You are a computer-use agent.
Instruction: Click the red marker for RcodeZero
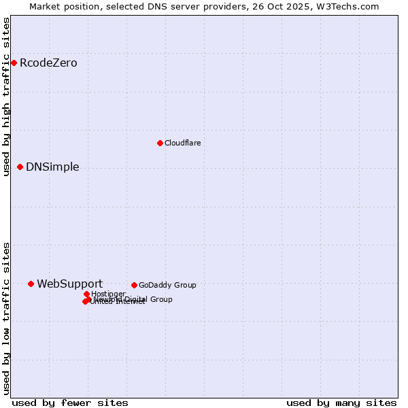[x=14, y=63]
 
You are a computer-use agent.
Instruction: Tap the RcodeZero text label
[x=48, y=63]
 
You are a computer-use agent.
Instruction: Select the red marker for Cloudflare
[x=160, y=143]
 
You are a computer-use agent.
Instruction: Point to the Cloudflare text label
[x=182, y=143]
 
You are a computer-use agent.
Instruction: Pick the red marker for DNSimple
[x=20, y=167]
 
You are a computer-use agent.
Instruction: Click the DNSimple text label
[x=52, y=167]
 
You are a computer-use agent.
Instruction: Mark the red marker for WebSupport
[x=31, y=284]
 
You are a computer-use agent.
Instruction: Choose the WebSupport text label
[x=69, y=284]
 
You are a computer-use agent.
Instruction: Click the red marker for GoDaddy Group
[x=134, y=286]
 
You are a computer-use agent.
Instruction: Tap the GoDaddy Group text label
[x=167, y=286]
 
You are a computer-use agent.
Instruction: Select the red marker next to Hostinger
[x=86, y=294]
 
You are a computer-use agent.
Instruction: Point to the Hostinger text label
[x=108, y=294]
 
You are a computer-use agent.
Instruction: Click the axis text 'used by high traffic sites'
[x=6, y=97]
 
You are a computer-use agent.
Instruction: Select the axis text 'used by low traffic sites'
[x=6, y=318]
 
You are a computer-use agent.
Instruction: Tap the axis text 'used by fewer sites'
[x=70, y=403]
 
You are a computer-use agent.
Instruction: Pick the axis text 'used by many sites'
[x=341, y=403]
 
